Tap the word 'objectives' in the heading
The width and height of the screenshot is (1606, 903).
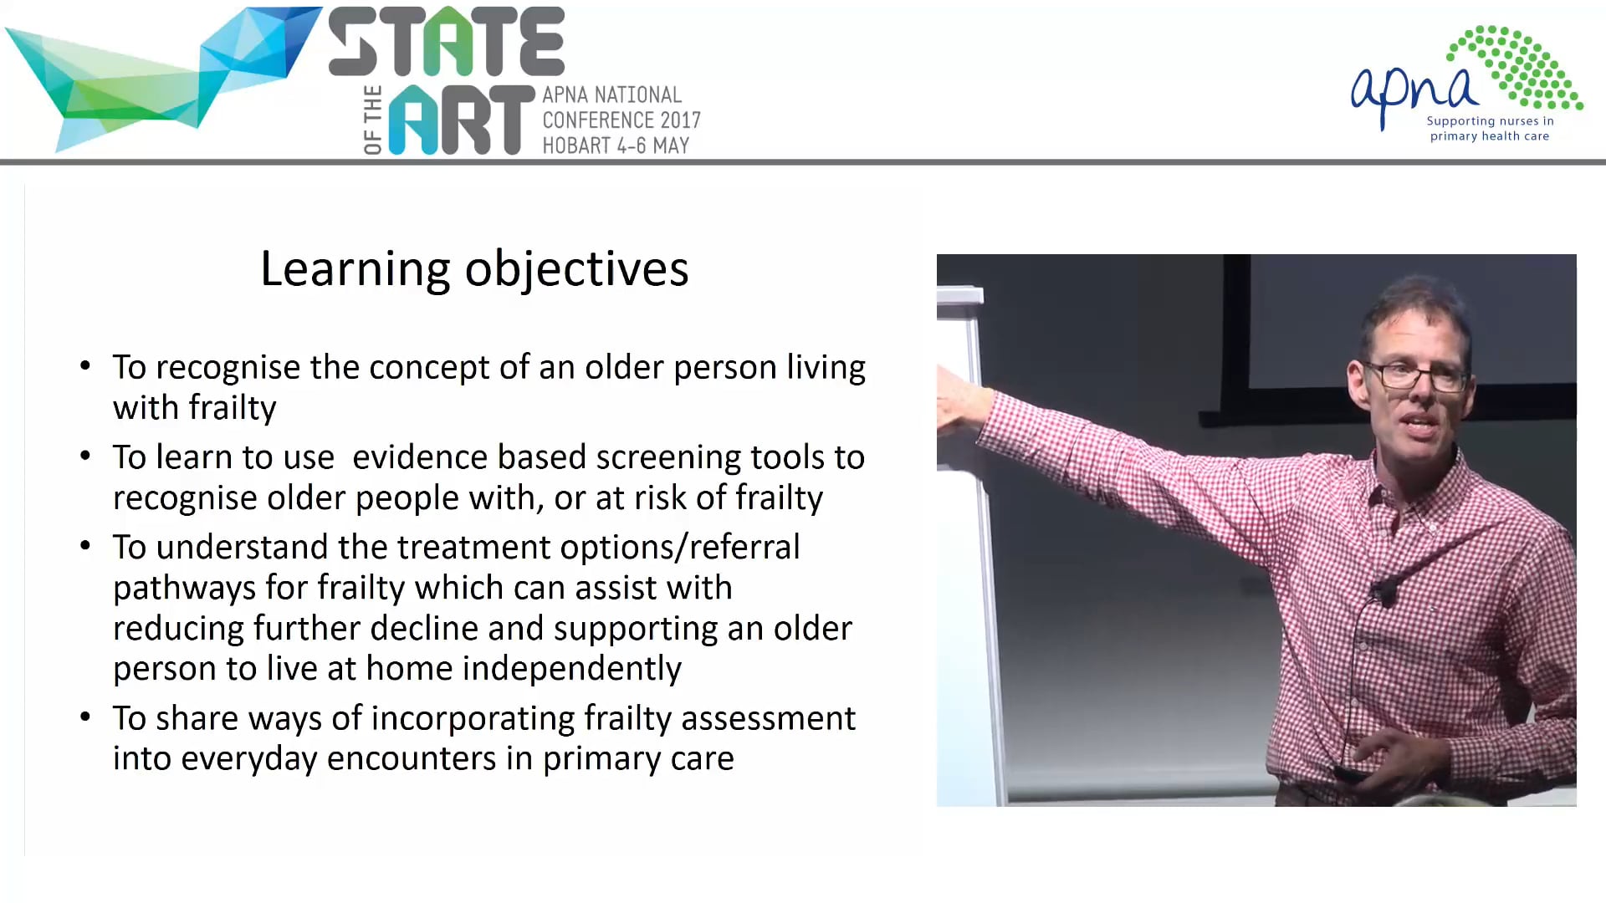(x=576, y=269)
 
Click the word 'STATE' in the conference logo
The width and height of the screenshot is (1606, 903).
(x=447, y=43)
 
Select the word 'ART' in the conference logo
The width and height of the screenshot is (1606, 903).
(x=461, y=120)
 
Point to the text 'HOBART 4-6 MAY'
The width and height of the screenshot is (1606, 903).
(x=616, y=145)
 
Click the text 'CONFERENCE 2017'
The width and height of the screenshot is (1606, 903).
(x=621, y=120)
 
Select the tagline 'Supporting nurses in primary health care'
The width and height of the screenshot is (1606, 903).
(x=1490, y=129)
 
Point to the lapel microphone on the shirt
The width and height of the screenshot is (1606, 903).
(x=1384, y=594)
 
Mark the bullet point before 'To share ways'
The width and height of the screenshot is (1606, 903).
(x=85, y=717)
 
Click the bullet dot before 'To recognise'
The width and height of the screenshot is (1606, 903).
(x=85, y=366)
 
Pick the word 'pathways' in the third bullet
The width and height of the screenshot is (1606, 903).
(x=184, y=588)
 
